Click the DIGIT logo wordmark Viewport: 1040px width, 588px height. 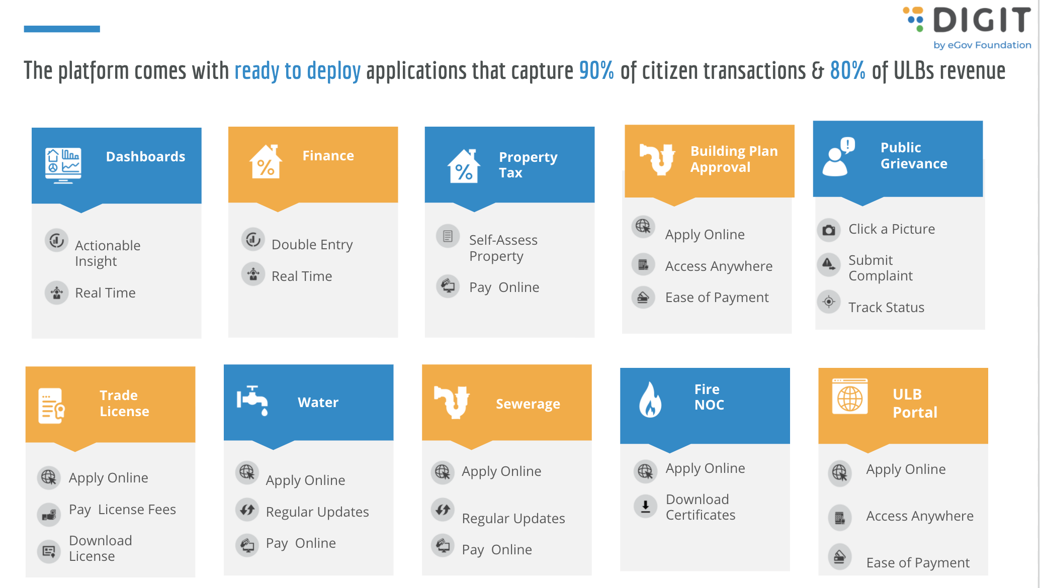tap(982, 20)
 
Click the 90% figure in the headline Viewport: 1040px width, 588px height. tap(596, 70)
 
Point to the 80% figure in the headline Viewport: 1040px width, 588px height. tap(847, 70)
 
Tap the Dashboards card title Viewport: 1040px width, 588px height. tap(145, 157)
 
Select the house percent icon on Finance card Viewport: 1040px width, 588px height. tap(266, 161)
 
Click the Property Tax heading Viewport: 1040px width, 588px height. tap(528, 165)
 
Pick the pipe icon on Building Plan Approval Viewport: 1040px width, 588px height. tap(657, 159)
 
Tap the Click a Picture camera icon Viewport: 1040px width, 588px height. tap(829, 230)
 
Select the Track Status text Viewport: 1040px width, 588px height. tap(886, 307)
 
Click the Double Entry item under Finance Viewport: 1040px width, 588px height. tap(312, 245)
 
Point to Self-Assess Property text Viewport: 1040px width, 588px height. tap(503, 248)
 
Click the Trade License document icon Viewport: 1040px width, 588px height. tap(51, 406)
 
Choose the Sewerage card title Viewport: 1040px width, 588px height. tap(528, 404)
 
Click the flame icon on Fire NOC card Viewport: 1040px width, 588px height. tap(650, 400)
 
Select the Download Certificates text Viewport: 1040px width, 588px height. tap(701, 507)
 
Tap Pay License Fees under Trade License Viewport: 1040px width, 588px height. tap(122, 510)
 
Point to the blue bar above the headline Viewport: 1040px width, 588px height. tap(62, 29)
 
